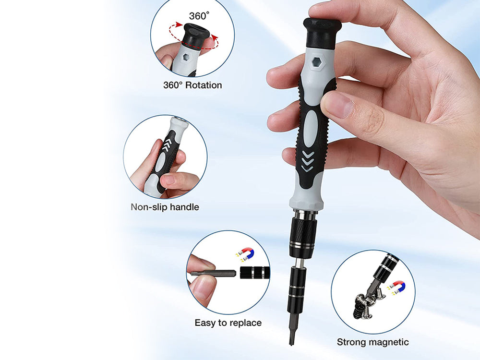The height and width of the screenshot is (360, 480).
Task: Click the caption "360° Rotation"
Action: coord(192,85)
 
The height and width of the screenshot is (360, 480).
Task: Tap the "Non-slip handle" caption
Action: coord(165,207)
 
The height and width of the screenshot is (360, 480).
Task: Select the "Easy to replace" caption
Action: coord(228,323)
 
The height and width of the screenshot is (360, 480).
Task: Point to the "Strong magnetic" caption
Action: coord(372,342)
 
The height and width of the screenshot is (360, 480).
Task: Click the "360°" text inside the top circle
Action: coord(199,16)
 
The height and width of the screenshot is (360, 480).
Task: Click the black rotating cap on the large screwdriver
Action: coord(322,33)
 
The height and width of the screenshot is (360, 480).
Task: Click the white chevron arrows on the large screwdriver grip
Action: coord(308,161)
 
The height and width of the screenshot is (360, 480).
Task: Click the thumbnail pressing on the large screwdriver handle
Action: coord(338,105)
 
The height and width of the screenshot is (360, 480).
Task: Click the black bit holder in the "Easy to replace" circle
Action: coord(254,273)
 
